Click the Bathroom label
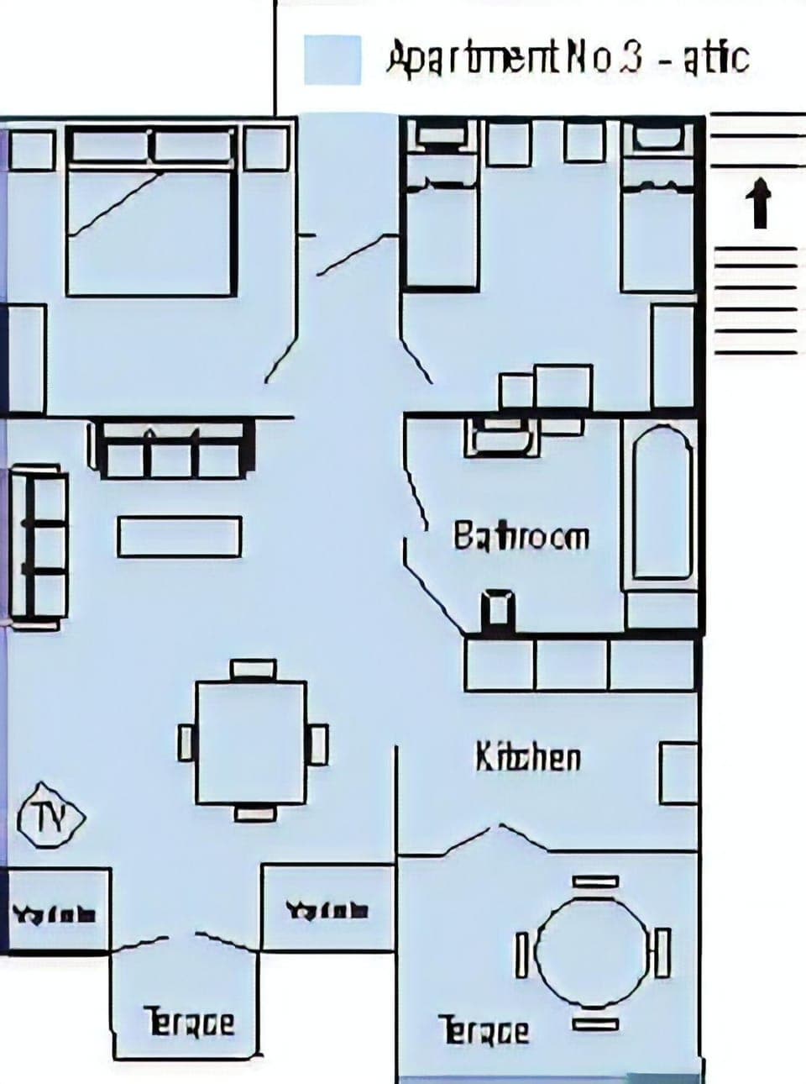pos(521,536)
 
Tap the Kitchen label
pos(528,757)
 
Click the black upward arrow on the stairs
pos(759,203)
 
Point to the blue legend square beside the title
pos(332,60)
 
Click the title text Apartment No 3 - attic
pos(567,58)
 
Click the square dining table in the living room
pos(251,741)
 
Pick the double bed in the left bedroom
pos(149,214)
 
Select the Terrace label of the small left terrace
pos(191,1022)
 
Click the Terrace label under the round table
pos(484,1030)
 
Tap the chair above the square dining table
pos(253,669)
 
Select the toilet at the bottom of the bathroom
pos(497,608)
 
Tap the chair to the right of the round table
pos(663,953)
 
